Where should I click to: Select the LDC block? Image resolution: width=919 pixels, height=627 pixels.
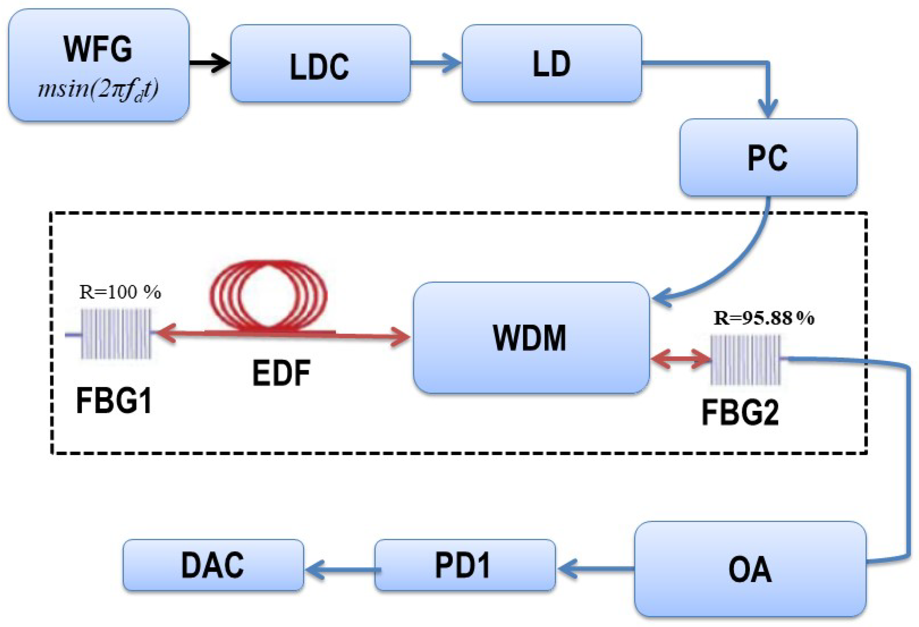click(x=320, y=63)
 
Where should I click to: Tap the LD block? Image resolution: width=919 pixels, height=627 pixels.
click(x=552, y=63)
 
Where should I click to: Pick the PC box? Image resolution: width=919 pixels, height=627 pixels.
click(x=768, y=157)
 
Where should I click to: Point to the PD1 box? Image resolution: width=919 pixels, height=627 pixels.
click(x=464, y=565)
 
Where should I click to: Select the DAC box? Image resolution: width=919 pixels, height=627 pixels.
click(x=213, y=565)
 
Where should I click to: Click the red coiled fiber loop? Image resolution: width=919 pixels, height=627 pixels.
click(x=268, y=294)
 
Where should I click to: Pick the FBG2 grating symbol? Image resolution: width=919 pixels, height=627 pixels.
click(x=745, y=360)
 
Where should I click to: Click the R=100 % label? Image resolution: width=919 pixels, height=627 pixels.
click(x=120, y=292)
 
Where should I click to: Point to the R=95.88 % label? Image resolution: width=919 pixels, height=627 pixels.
click(x=764, y=318)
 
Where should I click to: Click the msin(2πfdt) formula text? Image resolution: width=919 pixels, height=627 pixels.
click(x=98, y=90)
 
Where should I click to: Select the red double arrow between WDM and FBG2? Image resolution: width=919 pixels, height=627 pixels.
click(x=680, y=359)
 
